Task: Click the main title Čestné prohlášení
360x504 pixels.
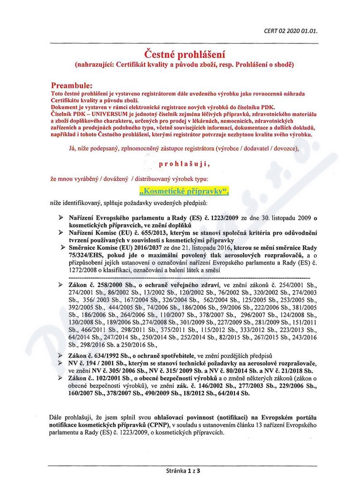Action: (x=184, y=55)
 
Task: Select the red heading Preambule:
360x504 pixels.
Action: (x=74, y=85)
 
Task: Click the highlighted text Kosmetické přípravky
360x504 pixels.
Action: (x=184, y=191)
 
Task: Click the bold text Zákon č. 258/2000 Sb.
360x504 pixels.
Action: (x=99, y=285)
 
